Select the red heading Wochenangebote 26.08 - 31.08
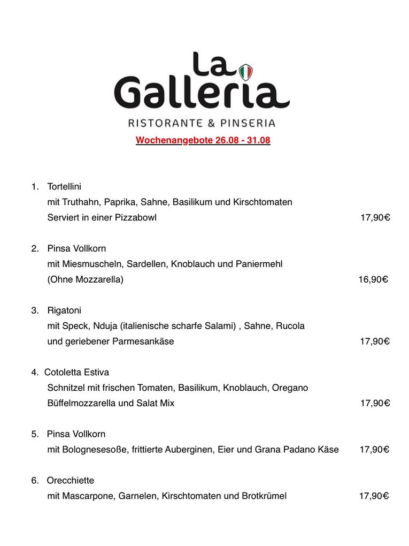[x=203, y=141]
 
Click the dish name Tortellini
[x=64, y=187]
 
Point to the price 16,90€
[x=373, y=279]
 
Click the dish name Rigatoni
[x=64, y=310]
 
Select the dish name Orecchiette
[x=70, y=481]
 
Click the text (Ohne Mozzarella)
[x=85, y=279]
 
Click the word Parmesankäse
[x=143, y=342]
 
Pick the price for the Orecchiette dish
[x=373, y=496]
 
